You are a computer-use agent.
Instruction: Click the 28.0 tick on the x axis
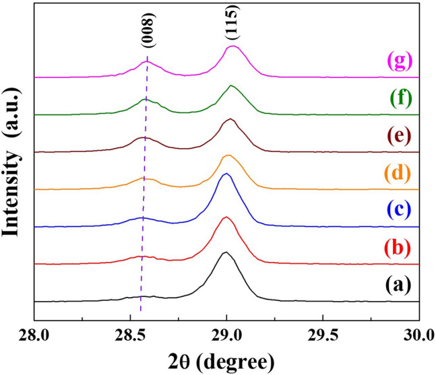34,334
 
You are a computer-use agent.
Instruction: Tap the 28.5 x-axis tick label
131,334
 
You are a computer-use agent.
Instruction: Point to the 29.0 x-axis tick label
227,334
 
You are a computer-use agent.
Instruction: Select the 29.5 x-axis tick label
323,334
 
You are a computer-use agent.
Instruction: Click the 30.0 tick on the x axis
419,334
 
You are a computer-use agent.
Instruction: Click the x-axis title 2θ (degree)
226,359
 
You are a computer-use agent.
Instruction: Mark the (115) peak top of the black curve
225,252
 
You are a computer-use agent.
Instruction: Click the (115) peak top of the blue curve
226,174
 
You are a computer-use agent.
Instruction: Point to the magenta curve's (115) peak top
233,46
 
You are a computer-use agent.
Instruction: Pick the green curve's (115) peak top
231,86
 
